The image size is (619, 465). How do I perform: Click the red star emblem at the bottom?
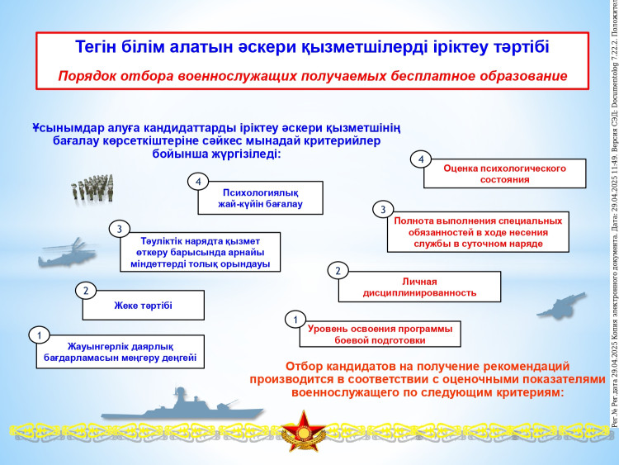click(304, 430)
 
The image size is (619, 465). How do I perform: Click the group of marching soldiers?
click(92, 188)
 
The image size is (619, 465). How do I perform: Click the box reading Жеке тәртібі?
click(144, 306)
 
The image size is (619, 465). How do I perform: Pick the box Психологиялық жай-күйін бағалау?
click(261, 198)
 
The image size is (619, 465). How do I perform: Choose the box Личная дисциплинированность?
click(419, 287)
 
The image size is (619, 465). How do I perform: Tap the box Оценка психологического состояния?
click(504, 173)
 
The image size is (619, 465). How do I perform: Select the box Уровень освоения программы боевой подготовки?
click(380, 335)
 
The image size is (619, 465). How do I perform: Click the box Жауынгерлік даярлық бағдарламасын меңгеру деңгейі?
click(120, 352)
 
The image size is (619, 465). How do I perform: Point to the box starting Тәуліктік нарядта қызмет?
click(201, 252)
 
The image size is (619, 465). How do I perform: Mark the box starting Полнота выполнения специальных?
click(478, 232)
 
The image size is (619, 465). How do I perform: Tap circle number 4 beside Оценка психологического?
click(421, 159)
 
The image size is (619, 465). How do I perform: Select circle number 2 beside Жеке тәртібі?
click(86, 291)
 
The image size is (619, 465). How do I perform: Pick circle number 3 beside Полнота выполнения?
click(383, 210)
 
